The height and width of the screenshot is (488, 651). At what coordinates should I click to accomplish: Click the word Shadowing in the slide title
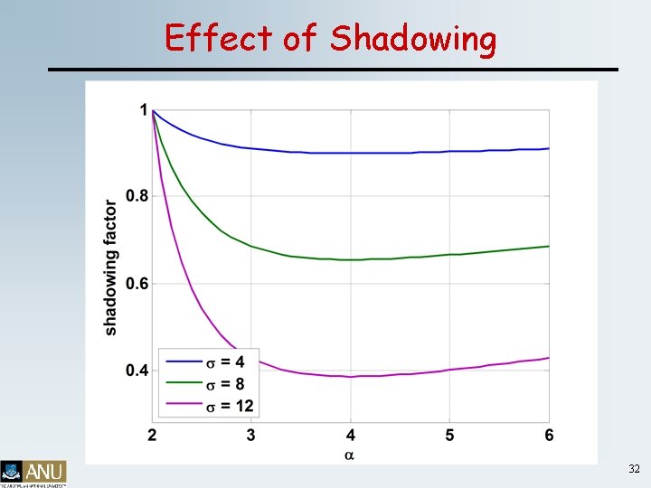[x=413, y=39]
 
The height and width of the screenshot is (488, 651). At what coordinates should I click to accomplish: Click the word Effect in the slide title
[x=218, y=38]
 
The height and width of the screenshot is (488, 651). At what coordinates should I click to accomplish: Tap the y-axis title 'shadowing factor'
[x=110, y=267]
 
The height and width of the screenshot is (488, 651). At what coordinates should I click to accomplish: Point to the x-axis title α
[x=349, y=455]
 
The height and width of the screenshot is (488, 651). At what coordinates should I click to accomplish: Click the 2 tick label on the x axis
[x=152, y=436]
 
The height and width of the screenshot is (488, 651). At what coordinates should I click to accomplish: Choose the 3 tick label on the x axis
[x=250, y=436]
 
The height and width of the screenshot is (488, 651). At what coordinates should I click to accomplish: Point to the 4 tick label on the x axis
[x=351, y=436]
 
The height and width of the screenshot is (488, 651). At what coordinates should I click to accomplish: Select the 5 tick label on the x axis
[x=449, y=436]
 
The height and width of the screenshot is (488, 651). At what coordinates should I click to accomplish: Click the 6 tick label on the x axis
[x=549, y=436]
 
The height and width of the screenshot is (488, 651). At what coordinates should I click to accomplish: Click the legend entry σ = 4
[x=226, y=362]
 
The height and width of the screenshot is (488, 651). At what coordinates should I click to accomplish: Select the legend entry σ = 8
[x=226, y=384]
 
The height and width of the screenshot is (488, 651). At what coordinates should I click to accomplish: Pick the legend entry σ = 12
[x=230, y=406]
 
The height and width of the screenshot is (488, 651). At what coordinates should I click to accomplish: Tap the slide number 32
[x=633, y=469]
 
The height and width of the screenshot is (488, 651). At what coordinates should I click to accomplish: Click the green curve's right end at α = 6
[x=548, y=246]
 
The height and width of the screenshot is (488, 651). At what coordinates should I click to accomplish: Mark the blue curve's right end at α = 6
[x=548, y=148]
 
